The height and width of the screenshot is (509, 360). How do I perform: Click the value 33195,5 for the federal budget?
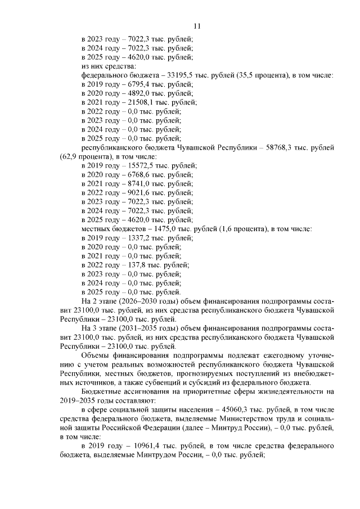(166, 75)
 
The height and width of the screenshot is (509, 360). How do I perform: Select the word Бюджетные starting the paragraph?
(101, 391)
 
